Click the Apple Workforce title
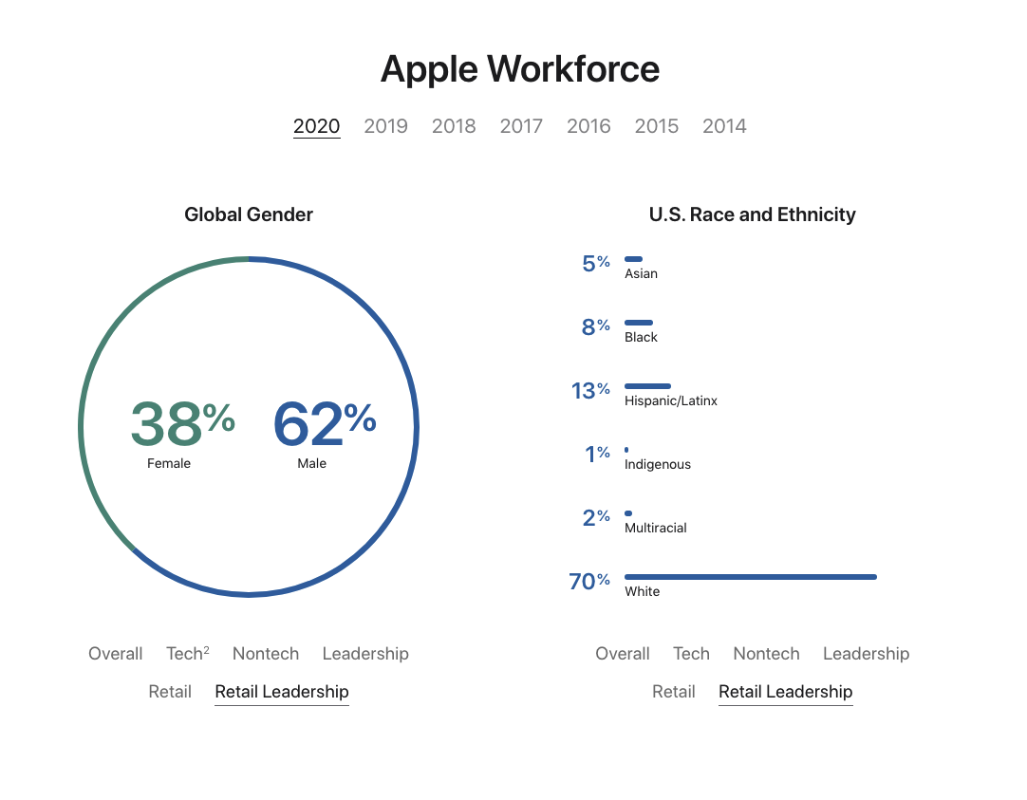pyautogui.click(x=519, y=69)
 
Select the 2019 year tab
pyautogui.click(x=385, y=126)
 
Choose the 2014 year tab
pyautogui.click(x=724, y=126)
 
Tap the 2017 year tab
pyautogui.click(x=521, y=126)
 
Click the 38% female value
pyautogui.click(x=181, y=424)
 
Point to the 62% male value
pyautogui.click(x=324, y=424)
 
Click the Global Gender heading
pyautogui.click(x=249, y=214)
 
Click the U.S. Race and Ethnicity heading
pyautogui.click(x=752, y=214)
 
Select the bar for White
pyautogui.click(x=750, y=576)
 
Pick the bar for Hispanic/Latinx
pyautogui.click(x=647, y=386)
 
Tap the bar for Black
pyautogui.click(x=638, y=323)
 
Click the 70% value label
pyautogui.click(x=589, y=581)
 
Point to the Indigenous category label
pyautogui.click(x=657, y=464)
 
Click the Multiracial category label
pyautogui.click(x=655, y=528)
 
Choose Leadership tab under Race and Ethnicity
pyautogui.click(x=866, y=654)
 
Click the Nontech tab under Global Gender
pyautogui.click(x=266, y=654)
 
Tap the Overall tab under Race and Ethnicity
pyautogui.click(x=623, y=654)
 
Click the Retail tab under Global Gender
pyautogui.click(x=170, y=692)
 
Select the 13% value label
pyautogui.click(x=590, y=390)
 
